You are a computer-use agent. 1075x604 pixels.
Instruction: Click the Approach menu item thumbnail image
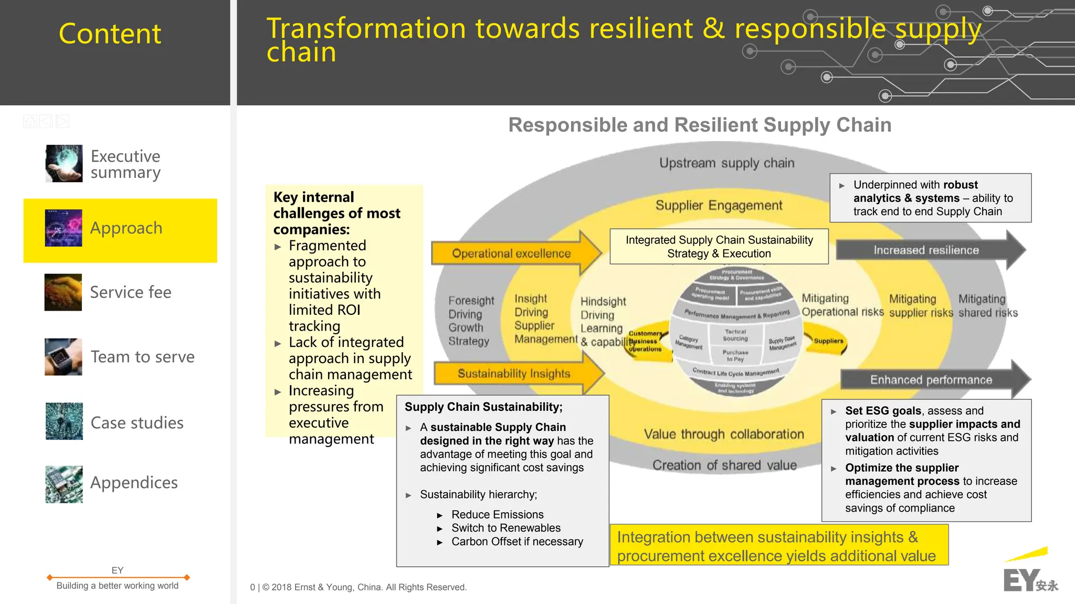64,228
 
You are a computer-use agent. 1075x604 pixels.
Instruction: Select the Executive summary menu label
125,164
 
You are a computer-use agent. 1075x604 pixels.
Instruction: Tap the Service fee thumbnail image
63,292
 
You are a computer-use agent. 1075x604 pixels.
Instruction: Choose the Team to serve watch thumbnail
64,357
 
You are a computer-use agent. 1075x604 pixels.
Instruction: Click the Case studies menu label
137,423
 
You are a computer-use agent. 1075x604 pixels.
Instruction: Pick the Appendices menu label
134,483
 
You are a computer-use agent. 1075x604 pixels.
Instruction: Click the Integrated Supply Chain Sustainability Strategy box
719,247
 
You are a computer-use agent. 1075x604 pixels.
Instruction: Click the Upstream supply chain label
727,163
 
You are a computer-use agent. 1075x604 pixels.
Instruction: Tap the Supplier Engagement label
719,205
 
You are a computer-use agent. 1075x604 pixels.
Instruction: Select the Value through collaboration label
724,435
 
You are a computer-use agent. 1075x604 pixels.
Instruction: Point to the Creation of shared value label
724,465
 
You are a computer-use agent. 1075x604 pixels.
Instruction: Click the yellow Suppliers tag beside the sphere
828,341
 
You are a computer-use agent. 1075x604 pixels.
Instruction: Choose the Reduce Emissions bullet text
497,515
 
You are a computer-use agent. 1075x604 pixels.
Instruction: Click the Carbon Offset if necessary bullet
517,542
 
